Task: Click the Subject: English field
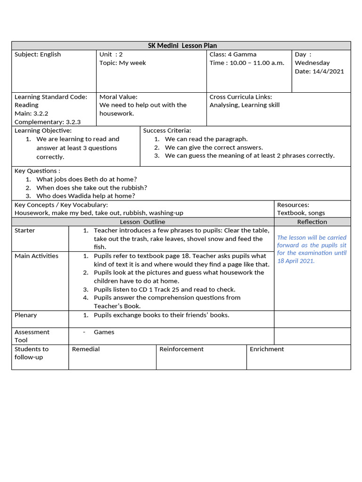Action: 38,55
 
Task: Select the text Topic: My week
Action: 123,63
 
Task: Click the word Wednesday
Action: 312,63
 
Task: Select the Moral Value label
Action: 118,97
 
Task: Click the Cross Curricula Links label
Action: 240,97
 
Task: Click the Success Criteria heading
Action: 167,131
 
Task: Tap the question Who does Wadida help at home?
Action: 85,196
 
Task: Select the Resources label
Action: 293,205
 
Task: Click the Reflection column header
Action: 312,222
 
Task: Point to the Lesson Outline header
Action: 142,222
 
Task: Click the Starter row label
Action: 25,231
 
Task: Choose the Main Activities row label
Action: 36,256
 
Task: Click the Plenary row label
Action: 25,315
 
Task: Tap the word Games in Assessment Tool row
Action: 104,332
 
